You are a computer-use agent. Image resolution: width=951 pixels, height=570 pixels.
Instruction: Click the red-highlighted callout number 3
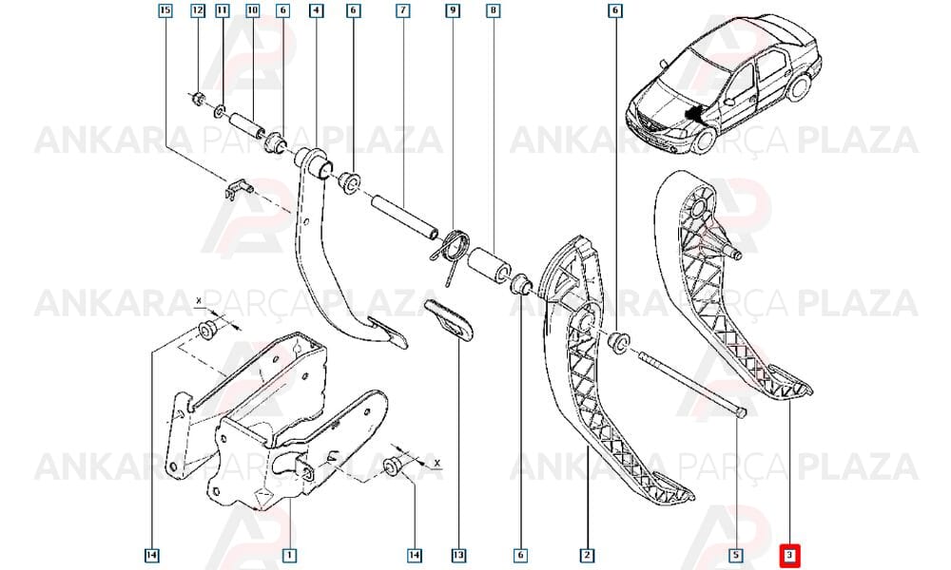click(789, 555)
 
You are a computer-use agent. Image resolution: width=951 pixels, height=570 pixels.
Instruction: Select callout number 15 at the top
click(165, 10)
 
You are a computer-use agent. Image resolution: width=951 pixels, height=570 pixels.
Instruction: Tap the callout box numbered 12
click(198, 10)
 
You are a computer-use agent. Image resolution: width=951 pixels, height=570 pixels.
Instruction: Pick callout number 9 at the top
click(453, 10)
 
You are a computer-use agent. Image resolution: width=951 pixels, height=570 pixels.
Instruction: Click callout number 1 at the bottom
click(289, 555)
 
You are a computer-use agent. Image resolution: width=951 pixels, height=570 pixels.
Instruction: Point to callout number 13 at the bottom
click(458, 555)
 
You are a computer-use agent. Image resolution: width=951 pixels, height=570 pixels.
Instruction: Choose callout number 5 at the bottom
click(736, 555)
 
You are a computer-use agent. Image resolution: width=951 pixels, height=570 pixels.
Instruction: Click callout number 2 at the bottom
click(587, 555)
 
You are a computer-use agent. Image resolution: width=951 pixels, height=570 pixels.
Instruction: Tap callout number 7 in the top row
click(402, 10)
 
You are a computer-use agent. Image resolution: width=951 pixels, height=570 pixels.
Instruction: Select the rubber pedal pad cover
click(448, 319)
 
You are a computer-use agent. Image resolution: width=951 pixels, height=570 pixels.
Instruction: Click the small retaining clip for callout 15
click(237, 190)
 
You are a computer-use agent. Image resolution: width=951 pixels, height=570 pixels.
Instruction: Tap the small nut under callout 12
click(197, 98)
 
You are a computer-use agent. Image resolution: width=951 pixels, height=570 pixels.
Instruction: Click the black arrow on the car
click(696, 113)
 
